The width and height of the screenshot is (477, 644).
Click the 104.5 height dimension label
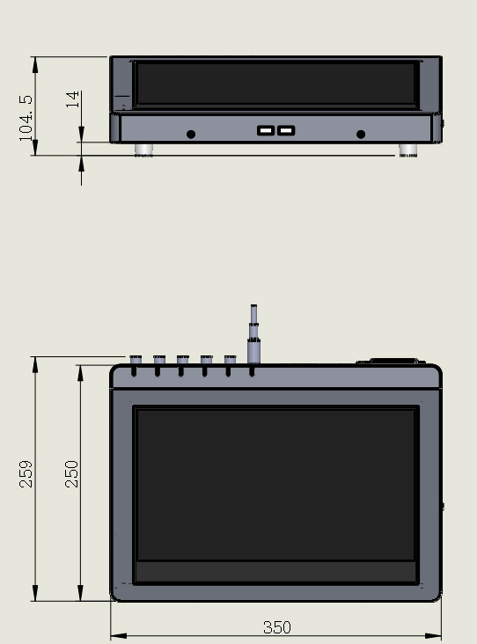[26, 118]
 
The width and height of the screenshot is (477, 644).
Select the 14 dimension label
[72, 99]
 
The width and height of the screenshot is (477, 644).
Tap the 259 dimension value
[26, 474]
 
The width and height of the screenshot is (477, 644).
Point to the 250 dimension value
[71, 474]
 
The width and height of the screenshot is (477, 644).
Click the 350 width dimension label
[277, 627]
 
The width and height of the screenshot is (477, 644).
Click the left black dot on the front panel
[191, 135]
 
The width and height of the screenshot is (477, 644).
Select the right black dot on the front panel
[361, 135]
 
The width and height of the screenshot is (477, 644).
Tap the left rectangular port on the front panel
[266, 130]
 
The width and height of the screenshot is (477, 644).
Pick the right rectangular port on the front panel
[286, 130]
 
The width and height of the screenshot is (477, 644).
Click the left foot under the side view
[143, 150]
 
